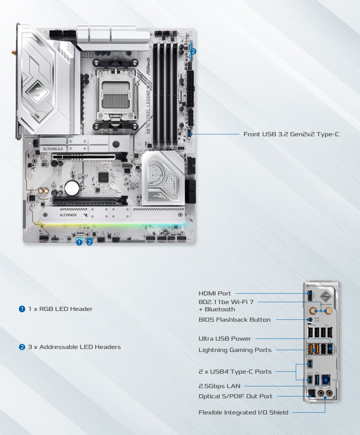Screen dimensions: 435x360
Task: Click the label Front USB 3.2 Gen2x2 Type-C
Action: [x=291, y=134]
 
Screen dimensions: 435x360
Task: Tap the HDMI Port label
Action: [x=215, y=293]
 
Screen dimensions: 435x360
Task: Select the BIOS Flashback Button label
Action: [x=235, y=320]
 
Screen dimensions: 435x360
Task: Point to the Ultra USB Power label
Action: [x=224, y=339]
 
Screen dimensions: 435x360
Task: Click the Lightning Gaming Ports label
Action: [x=235, y=350]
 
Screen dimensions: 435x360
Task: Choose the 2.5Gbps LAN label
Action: [x=219, y=386]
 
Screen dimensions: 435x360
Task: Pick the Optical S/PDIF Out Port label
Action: [x=235, y=396]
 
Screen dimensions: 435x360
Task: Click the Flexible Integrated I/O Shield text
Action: [x=243, y=412]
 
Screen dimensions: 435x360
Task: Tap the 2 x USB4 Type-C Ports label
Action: [x=235, y=371]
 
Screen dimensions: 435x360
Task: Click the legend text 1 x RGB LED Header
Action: [x=60, y=309]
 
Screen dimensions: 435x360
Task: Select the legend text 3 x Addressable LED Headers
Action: [x=74, y=347]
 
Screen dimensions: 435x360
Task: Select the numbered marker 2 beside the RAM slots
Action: [x=193, y=52]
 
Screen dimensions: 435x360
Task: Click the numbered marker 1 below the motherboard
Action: [x=79, y=243]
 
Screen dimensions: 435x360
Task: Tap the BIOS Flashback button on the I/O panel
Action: [x=310, y=320]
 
